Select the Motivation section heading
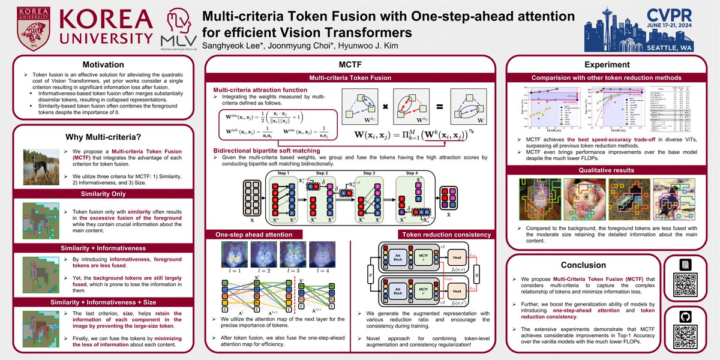point(103,64)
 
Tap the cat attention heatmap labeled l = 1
point(230,254)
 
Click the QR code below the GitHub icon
point(685,329)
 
